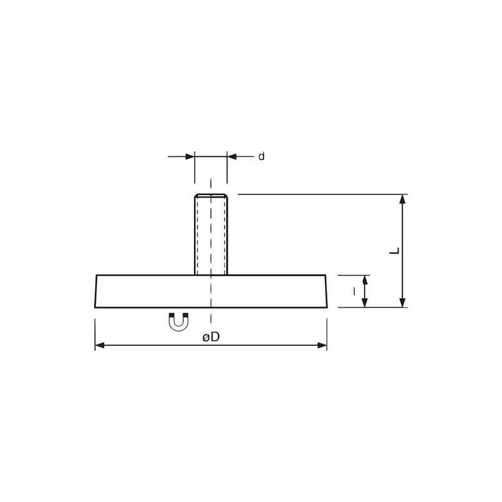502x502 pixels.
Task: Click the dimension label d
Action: coord(261,156)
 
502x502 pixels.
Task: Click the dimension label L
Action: coord(393,251)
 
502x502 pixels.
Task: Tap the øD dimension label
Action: coord(211,338)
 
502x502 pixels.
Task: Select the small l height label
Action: coord(355,291)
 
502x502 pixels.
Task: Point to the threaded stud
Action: coord(211,235)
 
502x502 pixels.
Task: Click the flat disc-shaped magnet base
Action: coord(211,291)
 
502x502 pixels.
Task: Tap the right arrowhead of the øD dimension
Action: coord(323,345)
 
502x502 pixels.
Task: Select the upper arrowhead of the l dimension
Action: coord(365,279)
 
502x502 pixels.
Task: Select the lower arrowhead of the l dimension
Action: coord(365,302)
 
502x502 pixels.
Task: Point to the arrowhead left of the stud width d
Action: coord(190,156)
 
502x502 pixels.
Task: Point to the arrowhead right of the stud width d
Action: coord(232,156)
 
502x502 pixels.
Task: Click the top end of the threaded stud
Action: coord(211,195)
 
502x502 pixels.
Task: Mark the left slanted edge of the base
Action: coord(96,291)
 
